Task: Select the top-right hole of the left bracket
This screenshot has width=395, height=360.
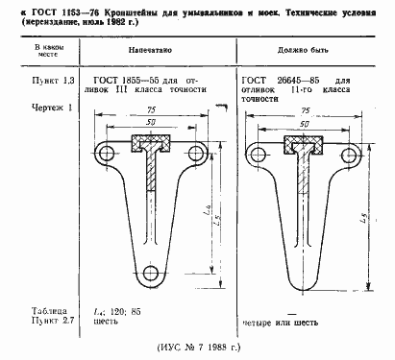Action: coord(198,154)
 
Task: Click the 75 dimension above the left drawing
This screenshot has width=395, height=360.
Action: coord(148,110)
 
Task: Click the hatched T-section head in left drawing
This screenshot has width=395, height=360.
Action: coord(148,147)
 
